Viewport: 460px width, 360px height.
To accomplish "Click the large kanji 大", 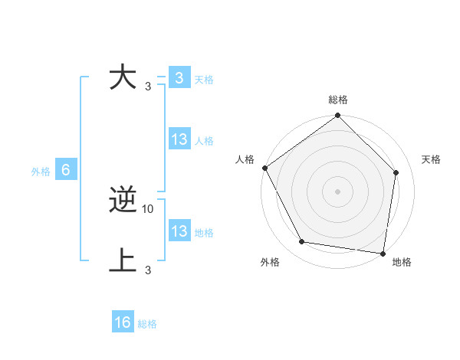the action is (123, 78).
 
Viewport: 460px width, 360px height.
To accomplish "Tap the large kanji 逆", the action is (123, 201).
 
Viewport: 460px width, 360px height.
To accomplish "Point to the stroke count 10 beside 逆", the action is (148, 208).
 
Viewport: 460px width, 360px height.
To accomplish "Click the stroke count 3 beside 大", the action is (147, 86).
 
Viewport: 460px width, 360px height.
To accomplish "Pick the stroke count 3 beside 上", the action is (147, 270).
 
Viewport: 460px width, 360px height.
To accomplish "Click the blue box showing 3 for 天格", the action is (179, 78).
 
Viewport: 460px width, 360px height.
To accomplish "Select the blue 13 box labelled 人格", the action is (179, 139).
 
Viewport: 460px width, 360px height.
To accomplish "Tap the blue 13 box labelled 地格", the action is (179, 231).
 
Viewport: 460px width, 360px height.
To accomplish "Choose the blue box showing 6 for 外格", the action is (66, 170).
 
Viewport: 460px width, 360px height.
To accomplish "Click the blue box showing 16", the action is (123, 322).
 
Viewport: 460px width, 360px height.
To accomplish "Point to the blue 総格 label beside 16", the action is (147, 324).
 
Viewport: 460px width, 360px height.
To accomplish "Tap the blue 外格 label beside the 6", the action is (41, 172).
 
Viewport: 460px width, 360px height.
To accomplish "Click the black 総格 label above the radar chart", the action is (337, 100).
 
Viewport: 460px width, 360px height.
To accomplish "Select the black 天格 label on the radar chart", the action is (431, 159).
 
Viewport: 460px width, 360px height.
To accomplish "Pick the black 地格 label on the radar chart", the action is (402, 263).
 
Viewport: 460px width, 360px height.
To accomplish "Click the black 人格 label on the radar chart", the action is (245, 159).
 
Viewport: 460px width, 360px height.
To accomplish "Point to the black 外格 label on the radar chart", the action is (270, 263).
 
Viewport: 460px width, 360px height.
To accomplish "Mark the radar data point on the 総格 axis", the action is (337, 116).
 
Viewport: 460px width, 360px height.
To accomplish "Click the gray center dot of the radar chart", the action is (337, 191).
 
